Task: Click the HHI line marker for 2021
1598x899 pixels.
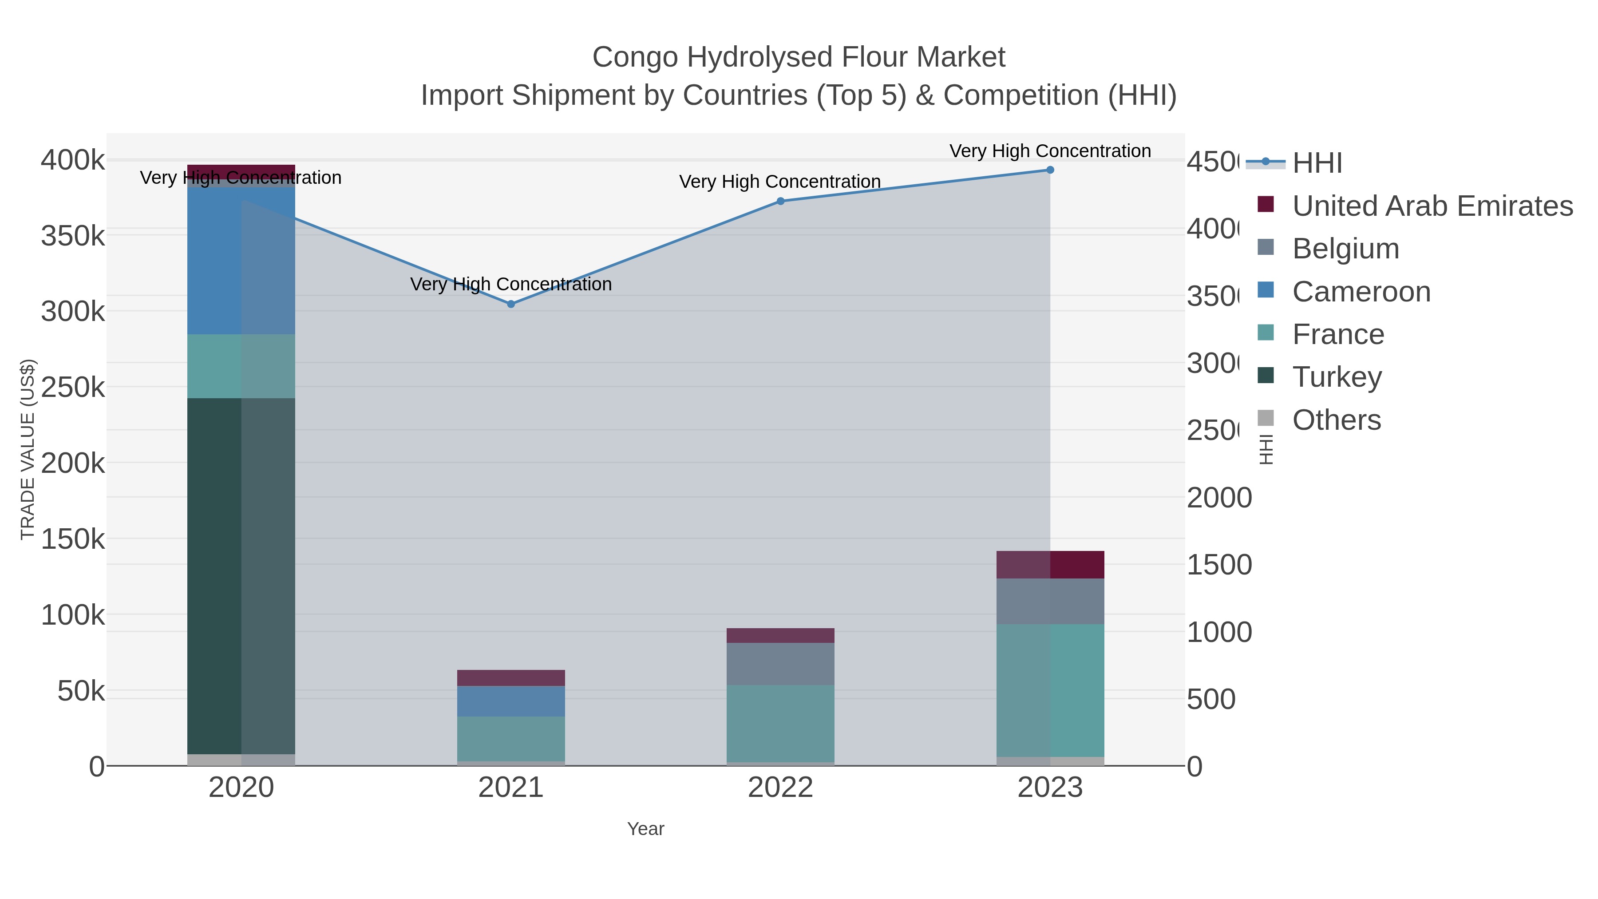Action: [510, 304]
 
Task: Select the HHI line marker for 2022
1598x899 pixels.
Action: [780, 201]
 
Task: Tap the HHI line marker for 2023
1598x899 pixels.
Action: [1050, 170]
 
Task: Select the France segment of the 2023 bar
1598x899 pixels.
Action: [1050, 690]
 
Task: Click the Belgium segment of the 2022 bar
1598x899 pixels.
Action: [780, 663]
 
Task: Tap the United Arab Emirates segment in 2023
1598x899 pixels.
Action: [1050, 565]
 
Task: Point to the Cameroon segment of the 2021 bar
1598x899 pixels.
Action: [510, 701]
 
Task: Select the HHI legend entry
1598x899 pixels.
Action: [1317, 162]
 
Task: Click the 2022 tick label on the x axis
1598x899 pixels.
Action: [780, 787]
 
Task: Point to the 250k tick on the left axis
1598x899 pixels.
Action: [73, 387]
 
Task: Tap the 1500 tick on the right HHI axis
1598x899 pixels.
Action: [1219, 565]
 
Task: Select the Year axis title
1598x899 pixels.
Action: [645, 829]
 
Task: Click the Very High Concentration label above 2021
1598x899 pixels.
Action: [510, 284]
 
